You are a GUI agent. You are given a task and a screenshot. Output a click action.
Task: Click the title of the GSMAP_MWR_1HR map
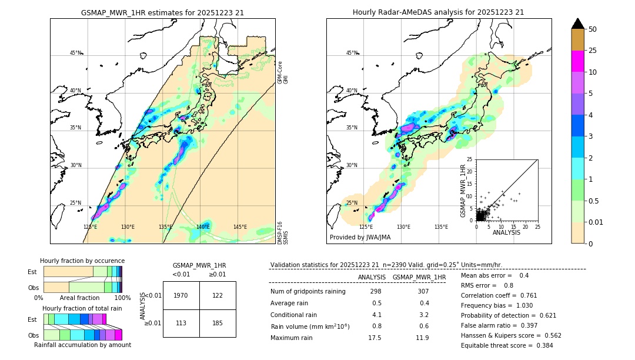coord(162,12)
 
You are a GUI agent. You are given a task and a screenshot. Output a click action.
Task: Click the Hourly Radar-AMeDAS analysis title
coord(438,12)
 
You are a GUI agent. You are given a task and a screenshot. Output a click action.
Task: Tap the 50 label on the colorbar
coord(593,29)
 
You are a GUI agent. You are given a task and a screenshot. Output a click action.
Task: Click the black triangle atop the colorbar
coord(578,23)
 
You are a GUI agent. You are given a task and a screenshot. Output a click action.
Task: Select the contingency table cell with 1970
coord(181,295)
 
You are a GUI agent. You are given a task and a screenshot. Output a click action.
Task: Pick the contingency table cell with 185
coord(218,323)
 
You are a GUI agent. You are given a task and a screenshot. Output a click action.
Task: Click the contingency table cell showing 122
coord(218,295)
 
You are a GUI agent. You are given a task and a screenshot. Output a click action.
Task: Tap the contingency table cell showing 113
coord(181,323)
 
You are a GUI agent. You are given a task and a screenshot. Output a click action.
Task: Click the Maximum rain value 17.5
coord(375,338)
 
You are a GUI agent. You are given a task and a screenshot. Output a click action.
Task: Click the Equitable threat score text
coord(507,345)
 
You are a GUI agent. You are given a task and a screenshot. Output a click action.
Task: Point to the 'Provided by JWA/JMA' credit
coord(360,237)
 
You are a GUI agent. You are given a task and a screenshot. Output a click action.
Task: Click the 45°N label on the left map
coord(75,53)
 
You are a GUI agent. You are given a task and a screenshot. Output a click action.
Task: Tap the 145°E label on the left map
coord(240,226)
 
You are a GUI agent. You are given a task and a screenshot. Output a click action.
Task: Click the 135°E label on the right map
coord(441,226)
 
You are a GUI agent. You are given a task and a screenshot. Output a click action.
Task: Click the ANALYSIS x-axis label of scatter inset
coord(506,232)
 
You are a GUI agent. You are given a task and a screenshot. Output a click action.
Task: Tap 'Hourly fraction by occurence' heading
coord(82,261)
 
